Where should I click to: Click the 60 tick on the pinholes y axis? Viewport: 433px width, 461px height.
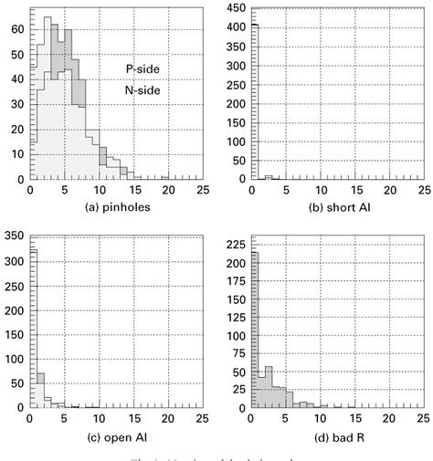17,29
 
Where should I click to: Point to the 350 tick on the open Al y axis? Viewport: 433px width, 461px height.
14,236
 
